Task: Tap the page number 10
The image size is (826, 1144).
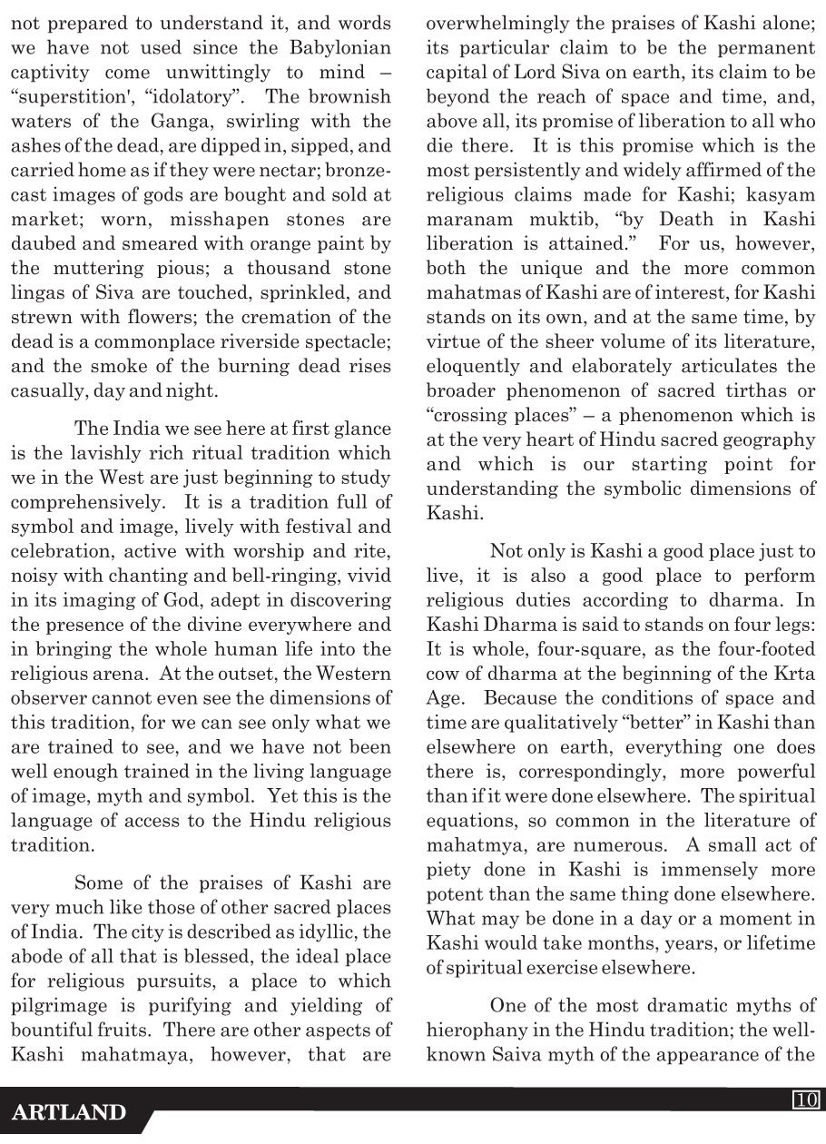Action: click(x=804, y=1100)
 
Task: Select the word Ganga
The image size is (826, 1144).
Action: click(x=149, y=121)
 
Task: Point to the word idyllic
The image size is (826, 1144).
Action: click(x=335, y=932)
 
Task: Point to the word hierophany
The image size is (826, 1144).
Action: click(x=477, y=1031)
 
